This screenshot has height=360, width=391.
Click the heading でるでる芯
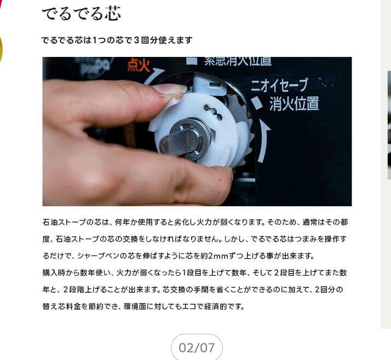point(81,13)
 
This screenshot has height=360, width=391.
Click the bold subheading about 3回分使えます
point(117,40)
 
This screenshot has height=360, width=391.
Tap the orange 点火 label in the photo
point(139,66)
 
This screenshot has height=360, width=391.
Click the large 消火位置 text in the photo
point(294,103)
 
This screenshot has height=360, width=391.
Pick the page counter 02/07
point(197,347)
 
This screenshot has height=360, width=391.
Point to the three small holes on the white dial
point(212,113)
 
